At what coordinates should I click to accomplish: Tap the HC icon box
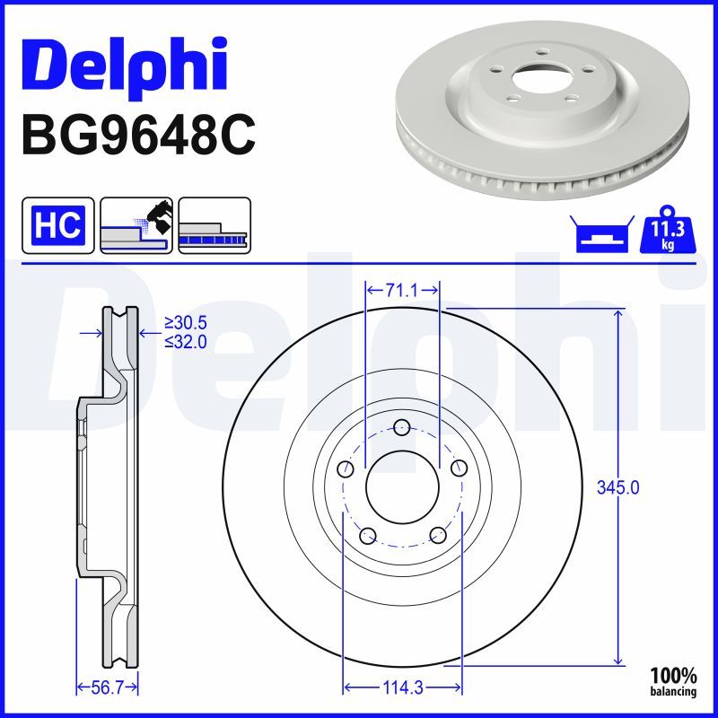point(58,225)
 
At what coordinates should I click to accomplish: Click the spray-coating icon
point(136,225)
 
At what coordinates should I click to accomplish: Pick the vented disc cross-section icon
point(215,225)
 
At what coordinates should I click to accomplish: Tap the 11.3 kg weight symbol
point(668,231)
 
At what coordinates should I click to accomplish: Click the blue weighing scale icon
point(602,234)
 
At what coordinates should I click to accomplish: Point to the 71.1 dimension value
point(402,290)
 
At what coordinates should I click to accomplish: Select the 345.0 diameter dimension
point(617,487)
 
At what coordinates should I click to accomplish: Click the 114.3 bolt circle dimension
point(402,687)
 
